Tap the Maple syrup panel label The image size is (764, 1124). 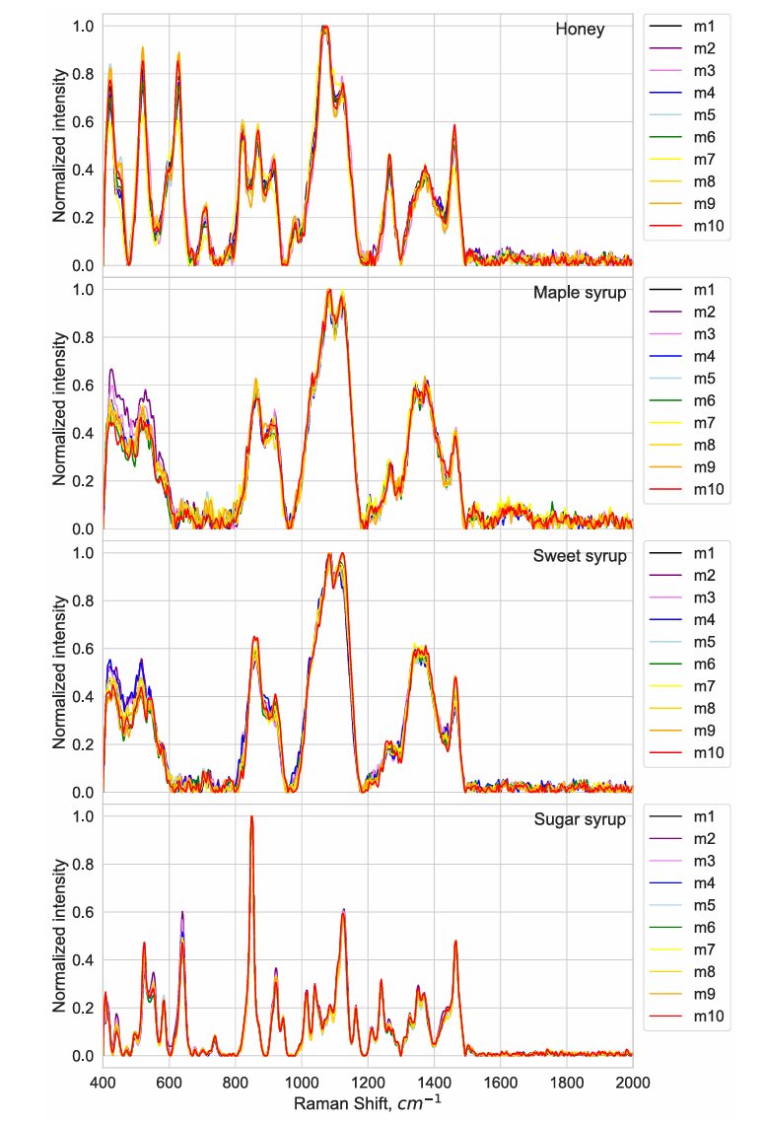[580, 293]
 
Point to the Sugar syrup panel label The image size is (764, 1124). [580, 819]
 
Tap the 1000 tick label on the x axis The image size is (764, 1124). [302, 1078]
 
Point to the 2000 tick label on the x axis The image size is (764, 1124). [632, 1078]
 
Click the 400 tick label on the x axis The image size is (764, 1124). [103, 1078]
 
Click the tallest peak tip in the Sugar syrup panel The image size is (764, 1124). [251, 817]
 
